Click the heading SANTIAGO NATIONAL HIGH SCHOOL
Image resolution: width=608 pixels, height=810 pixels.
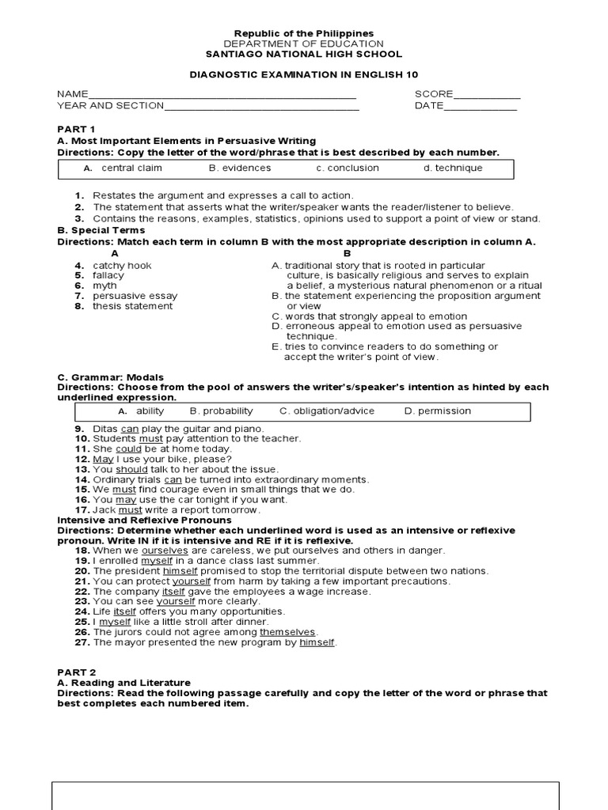pos(303,55)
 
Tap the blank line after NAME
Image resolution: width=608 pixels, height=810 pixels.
pos(222,94)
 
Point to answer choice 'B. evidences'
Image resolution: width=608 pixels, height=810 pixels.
pos(240,168)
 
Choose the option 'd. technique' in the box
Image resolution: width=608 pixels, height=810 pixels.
pos(452,168)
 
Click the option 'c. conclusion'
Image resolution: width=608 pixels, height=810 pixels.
pos(348,168)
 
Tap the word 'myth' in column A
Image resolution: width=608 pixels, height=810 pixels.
pos(104,286)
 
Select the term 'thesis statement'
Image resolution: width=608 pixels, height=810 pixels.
pos(132,306)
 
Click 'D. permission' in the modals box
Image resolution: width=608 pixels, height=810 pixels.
pos(437,411)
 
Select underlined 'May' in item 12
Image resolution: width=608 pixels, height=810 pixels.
pos(103,459)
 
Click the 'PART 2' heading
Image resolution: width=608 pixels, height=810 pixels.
pos(76,672)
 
